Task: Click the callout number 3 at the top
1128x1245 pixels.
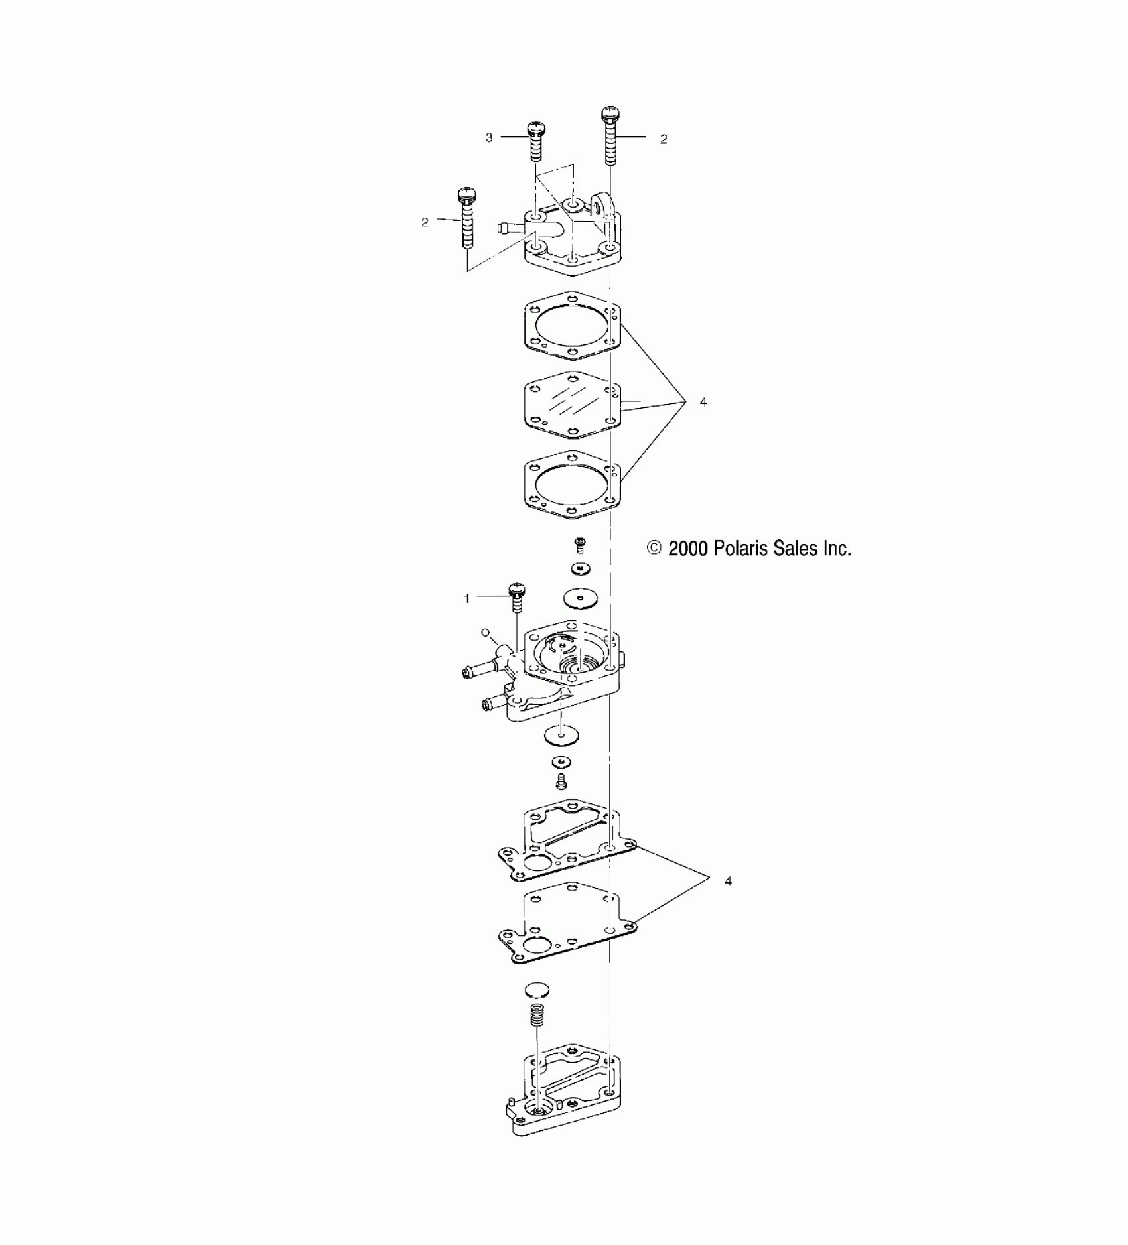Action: point(489,137)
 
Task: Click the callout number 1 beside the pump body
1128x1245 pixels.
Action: point(467,598)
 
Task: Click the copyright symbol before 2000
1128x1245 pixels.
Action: point(654,548)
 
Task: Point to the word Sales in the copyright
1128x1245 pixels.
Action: point(794,549)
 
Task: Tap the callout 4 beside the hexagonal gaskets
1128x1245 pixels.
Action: point(703,402)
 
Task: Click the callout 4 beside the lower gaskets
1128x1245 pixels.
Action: point(728,882)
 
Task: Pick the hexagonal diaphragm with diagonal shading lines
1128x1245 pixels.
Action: point(572,404)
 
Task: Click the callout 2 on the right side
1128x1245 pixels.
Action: point(664,139)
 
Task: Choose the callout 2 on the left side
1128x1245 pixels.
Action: point(425,222)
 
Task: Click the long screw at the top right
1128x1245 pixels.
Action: point(610,136)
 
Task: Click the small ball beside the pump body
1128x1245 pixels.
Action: point(486,633)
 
